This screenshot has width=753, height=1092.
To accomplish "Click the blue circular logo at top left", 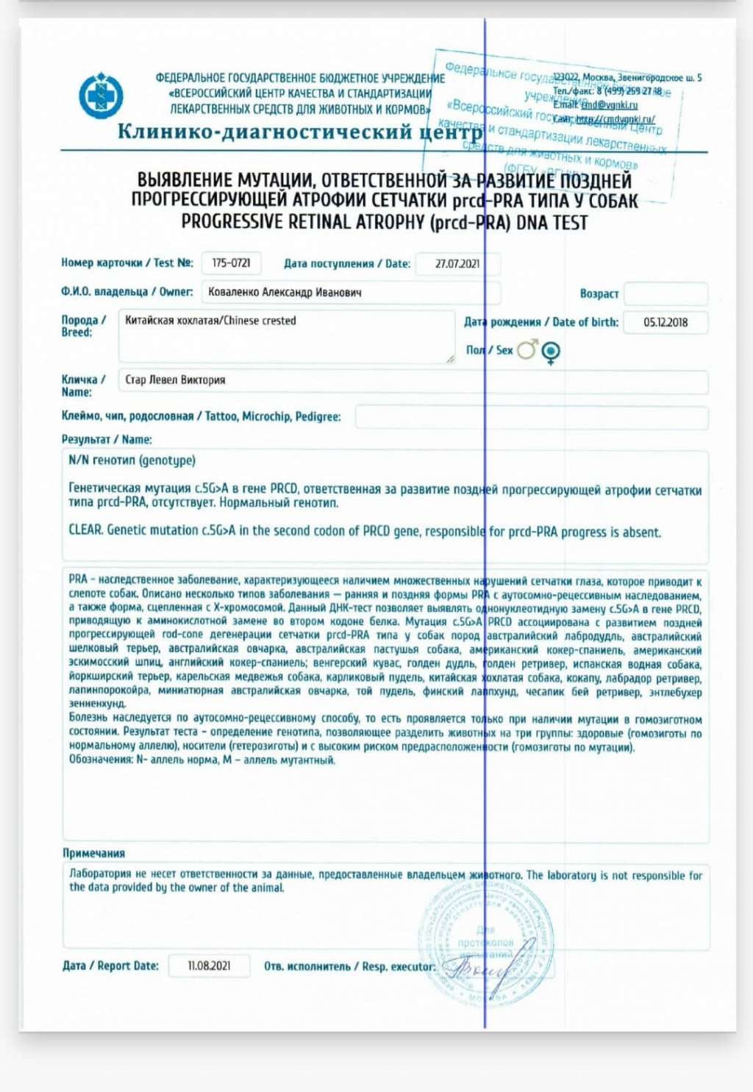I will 101,96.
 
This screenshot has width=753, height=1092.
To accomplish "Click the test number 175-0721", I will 231,263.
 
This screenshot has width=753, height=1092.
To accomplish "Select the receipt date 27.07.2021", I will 457,263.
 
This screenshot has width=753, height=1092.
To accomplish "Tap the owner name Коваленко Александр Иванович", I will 285,292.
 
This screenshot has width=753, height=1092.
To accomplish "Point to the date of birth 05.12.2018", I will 665,322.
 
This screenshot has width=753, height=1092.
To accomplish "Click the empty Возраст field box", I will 665,293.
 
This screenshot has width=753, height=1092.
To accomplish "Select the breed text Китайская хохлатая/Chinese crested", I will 210,321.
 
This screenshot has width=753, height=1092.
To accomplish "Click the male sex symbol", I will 527,350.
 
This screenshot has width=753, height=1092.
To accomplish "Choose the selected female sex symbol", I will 551,352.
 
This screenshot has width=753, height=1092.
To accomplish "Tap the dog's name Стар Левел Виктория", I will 175,380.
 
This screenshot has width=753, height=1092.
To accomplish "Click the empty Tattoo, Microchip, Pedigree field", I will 531,417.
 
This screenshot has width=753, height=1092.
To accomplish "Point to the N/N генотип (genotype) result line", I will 132,460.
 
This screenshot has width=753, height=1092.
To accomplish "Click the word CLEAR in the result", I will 85,530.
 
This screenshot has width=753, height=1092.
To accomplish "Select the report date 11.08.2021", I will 209,966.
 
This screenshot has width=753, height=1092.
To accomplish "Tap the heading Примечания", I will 93,853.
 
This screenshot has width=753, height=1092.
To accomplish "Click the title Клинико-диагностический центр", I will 299,132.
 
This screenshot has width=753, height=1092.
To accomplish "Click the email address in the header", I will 610,105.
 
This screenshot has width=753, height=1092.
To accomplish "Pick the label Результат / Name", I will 107,439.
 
